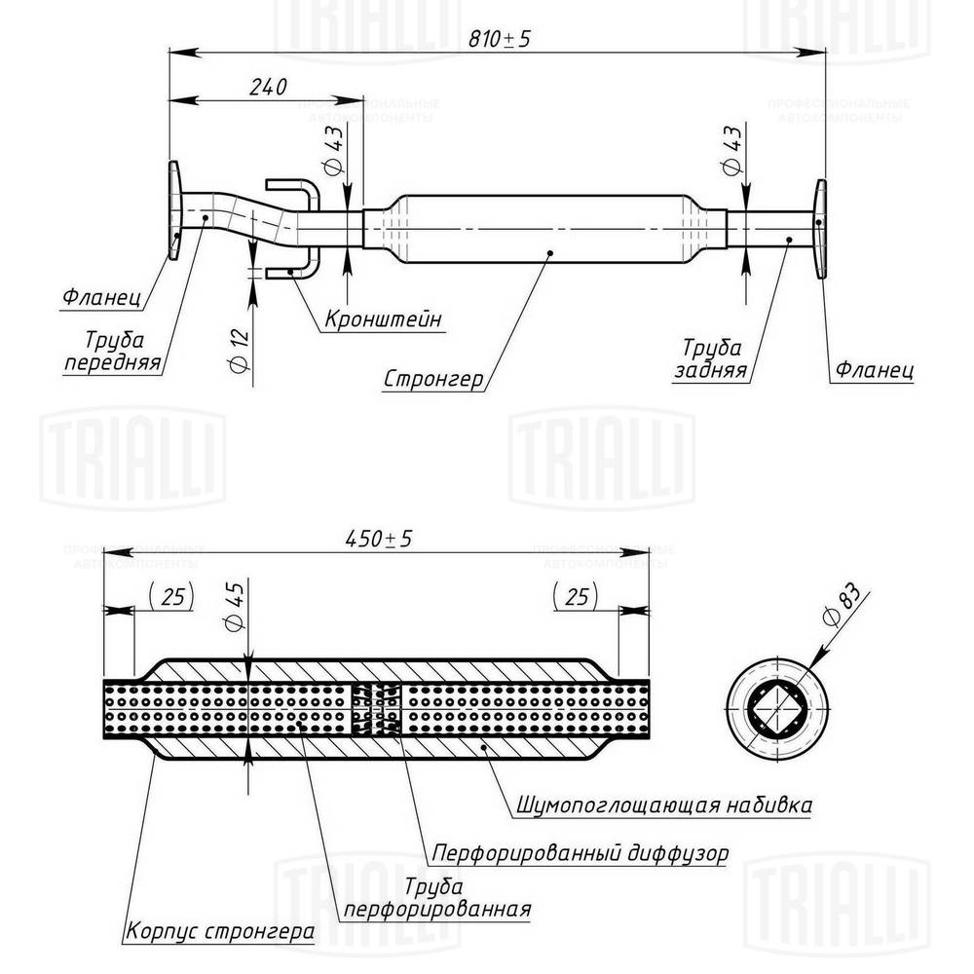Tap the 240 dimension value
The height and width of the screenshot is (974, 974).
coord(267,87)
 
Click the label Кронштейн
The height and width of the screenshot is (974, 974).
coord(383,318)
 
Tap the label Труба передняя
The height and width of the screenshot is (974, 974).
coord(114,353)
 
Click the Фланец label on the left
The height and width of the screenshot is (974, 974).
coord(101,291)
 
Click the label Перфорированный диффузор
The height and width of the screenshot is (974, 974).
coord(581,854)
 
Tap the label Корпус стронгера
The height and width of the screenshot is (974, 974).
coord(220,930)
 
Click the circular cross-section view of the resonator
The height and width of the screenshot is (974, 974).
coord(776,708)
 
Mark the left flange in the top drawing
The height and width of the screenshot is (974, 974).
coord(174,211)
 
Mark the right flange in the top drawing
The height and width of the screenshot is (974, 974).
coord(821,229)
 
